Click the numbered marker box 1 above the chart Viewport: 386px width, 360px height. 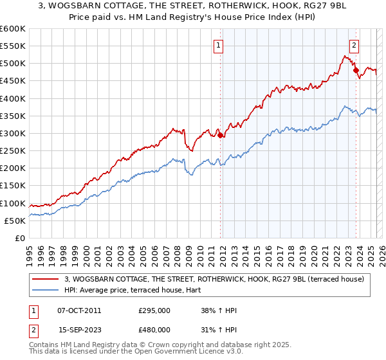(x=219, y=46)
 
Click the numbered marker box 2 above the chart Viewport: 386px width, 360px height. (x=354, y=46)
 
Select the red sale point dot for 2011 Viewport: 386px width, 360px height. (x=220, y=135)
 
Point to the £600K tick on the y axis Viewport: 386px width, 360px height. (x=13, y=29)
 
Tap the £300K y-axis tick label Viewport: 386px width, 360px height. (x=13, y=134)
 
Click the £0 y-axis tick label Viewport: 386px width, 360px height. (x=19, y=239)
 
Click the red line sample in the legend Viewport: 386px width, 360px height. (x=45, y=279)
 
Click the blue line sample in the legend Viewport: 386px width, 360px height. (x=45, y=291)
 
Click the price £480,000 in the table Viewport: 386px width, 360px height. (x=154, y=329)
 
